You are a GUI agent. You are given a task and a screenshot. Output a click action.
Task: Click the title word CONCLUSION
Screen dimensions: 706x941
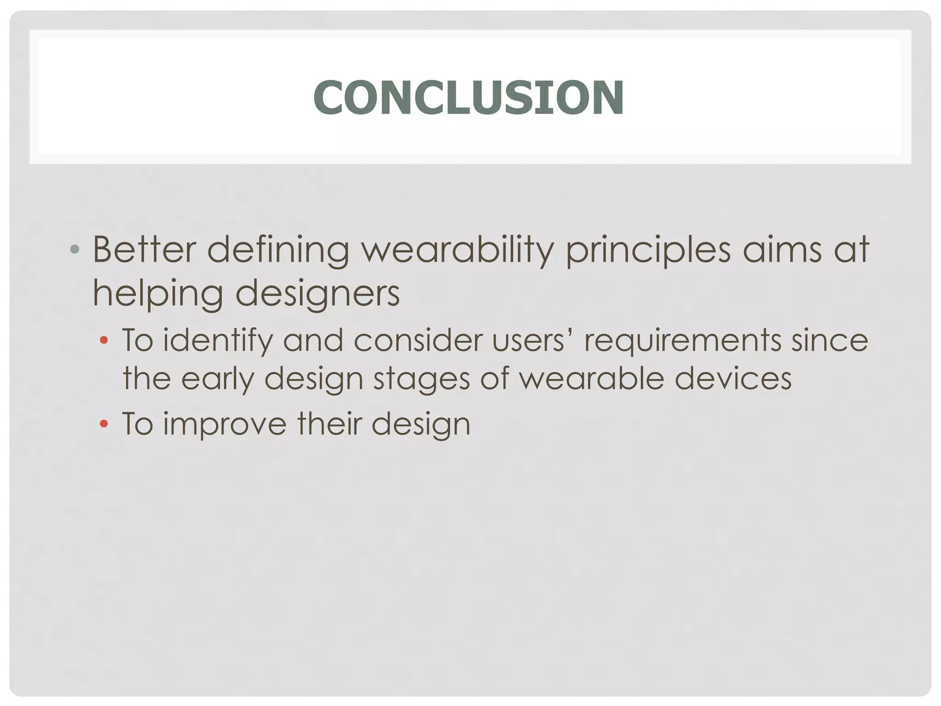(x=468, y=97)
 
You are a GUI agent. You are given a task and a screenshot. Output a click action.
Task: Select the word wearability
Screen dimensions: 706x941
(x=457, y=251)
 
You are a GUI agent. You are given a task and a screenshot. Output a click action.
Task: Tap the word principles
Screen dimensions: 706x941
(x=648, y=251)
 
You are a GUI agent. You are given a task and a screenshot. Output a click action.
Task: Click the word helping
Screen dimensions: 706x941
(x=158, y=294)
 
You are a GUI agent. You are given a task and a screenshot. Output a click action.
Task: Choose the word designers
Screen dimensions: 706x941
(x=317, y=294)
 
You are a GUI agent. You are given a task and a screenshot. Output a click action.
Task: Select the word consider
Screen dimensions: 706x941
(x=418, y=341)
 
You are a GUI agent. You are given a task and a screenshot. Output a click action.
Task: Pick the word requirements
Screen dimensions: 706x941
(x=682, y=341)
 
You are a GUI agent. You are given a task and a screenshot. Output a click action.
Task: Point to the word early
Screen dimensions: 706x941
(x=217, y=380)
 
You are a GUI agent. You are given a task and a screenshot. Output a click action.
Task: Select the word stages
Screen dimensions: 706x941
(x=421, y=380)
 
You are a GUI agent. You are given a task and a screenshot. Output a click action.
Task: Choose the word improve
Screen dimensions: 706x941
(x=225, y=424)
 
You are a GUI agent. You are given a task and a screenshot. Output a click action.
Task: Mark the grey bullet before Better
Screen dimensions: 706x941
(x=75, y=250)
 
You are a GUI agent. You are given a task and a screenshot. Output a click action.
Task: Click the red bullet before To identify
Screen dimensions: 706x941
(x=104, y=341)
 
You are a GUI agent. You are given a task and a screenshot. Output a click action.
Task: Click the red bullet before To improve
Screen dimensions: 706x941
(x=104, y=424)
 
